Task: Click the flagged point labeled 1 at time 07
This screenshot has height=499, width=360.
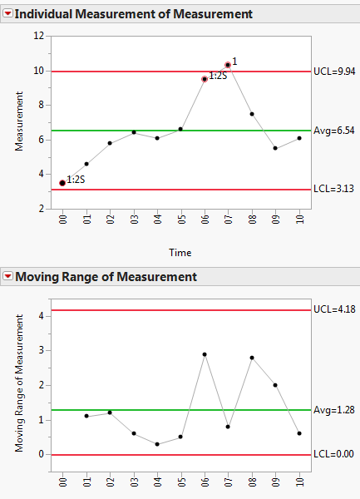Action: (x=228, y=65)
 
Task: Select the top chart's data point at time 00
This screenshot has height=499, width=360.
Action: (x=62, y=183)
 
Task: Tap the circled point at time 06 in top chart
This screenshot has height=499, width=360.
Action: (x=205, y=79)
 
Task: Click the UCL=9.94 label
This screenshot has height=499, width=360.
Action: (x=333, y=72)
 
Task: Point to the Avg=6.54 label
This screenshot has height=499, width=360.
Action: (x=333, y=131)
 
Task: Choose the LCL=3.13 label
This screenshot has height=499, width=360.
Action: (x=333, y=189)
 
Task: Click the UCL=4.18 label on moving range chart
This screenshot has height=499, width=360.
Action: (x=333, y=310)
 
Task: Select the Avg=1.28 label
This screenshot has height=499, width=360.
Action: (x=333, y=410)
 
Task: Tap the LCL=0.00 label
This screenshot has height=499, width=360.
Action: (x=333, y=454)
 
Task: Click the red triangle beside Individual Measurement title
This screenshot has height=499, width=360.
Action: (x=7, y=14)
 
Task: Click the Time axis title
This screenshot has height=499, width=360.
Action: (x=180, y=252)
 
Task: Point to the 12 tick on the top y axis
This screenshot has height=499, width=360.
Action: (x=39, y=37)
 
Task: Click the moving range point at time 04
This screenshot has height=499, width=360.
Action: (x=157, y=444)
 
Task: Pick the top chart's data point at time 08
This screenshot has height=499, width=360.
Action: (x=252, y=114)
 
